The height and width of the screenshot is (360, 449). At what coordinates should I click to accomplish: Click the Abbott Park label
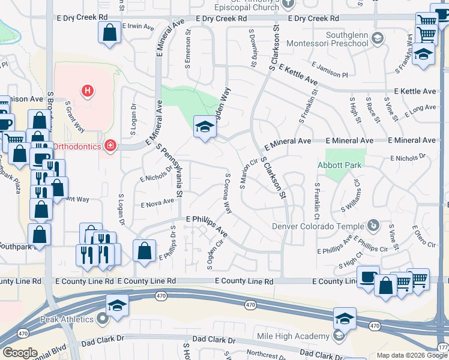pos(340,164)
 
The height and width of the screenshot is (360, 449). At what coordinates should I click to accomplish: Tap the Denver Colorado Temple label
pos(318,226)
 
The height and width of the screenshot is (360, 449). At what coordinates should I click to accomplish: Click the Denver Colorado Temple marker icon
pos(373,226)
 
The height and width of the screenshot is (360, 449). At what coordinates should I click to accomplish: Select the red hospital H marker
pos(88,91)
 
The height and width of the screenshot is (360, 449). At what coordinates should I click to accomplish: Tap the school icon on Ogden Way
pos(205,127)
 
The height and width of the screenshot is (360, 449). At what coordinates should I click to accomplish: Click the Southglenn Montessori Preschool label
pos(334,39)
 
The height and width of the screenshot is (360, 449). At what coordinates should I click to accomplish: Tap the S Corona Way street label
pos(228,194)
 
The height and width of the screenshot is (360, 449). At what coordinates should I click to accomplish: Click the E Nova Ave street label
pos(157,205)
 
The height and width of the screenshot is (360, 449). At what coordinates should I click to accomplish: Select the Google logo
pos(19,353)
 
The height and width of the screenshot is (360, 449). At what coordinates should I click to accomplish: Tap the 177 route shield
pos(443,347)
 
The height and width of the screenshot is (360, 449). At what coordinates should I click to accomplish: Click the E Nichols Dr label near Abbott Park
pos(407,158)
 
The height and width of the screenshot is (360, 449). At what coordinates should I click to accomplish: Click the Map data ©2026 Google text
pos(412,355)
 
